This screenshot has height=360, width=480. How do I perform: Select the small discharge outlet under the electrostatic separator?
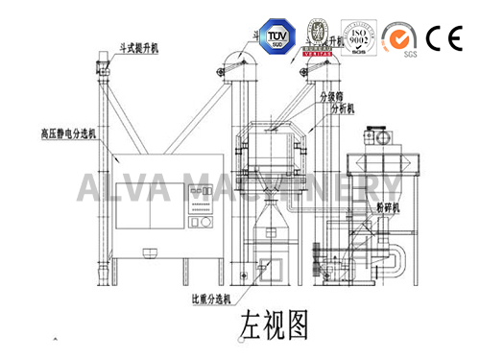[x=149, y=253]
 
